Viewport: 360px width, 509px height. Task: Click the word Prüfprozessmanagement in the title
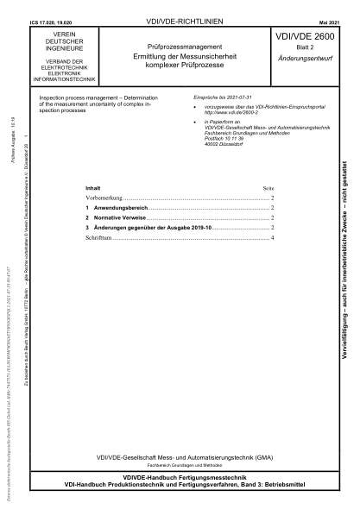(179, 44)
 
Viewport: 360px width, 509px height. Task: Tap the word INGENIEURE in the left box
(54, 47)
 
